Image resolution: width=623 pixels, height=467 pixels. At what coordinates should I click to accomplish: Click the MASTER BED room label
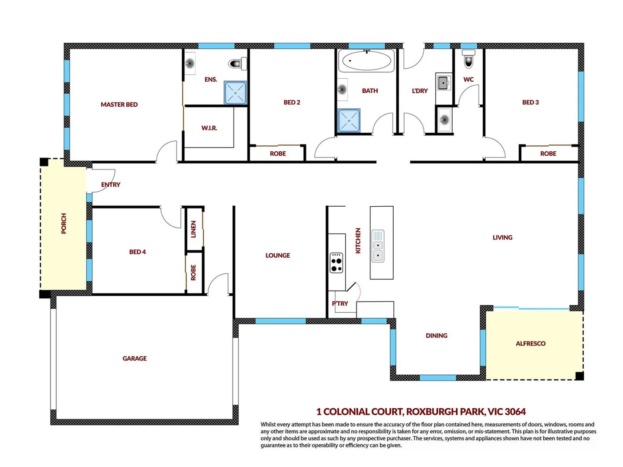(x=119, y=105)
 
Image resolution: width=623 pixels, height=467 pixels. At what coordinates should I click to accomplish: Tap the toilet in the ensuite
(x=237, y=64)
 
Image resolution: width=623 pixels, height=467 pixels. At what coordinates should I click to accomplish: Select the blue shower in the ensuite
(x=235, y=93)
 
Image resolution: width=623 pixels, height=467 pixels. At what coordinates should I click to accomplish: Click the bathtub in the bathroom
(x=366, y=61)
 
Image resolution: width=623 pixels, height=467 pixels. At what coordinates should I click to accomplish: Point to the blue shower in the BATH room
(x=349, y=121)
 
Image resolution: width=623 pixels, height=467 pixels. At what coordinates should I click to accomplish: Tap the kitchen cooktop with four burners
(x=336, y=262)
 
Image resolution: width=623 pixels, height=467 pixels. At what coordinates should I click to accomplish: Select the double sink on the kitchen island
(x=378, y=246)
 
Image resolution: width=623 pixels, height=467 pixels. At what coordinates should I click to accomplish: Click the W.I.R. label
(x=209, y=128)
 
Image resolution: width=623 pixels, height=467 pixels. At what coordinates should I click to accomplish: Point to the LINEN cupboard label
(x=193, y=229)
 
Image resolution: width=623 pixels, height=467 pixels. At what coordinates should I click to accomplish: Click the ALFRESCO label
(x=530, y=344)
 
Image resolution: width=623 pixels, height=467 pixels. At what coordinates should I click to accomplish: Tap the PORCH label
(x=64, y=223)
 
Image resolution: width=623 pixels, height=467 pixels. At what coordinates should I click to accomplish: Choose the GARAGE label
(x=135, y=358)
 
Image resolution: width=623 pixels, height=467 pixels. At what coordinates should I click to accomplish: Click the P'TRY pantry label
(x=340, y=304)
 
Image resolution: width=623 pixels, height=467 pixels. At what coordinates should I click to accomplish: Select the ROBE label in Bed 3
(x=548, y=154)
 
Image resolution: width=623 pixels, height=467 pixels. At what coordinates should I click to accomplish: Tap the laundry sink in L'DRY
(x=443, y=83)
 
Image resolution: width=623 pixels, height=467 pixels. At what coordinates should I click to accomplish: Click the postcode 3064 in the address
(x=515, y=412)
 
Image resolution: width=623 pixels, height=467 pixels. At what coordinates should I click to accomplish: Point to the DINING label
(x=436, y=336)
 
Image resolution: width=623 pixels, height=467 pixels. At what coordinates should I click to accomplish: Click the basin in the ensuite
(x=189, y=64)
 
